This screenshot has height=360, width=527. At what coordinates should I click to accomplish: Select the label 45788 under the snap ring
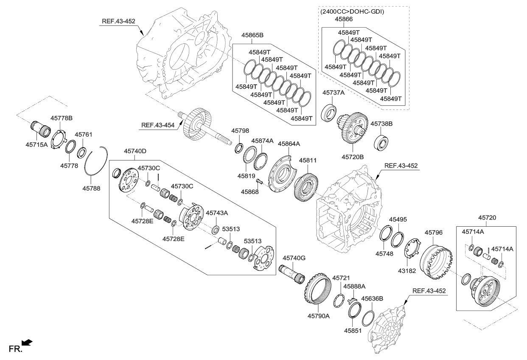(x=91, y=188)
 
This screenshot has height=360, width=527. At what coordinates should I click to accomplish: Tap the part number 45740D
(x=135, y=151)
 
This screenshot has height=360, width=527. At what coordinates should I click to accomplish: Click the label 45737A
(x=333, y=93)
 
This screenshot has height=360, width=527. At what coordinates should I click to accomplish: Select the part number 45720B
(x=353, y=157)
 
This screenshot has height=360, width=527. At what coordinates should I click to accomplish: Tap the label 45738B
(x=382, y=124)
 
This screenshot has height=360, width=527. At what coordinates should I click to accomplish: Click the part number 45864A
(x=289, y=144)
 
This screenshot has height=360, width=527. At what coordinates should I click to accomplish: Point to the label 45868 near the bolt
(x=249, y=191)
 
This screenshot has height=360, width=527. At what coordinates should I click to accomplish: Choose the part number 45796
(x=434, y=233)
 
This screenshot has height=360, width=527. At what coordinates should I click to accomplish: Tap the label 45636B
(x=372, y=299)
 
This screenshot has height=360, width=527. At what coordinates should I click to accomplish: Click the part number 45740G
(x=294, y=258)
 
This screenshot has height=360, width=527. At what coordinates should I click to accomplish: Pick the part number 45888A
(x=354, y=287)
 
